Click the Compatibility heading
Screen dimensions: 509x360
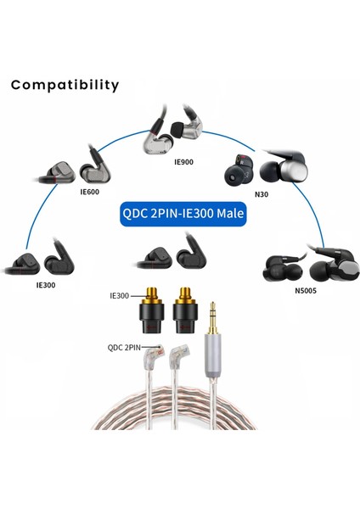[x=65, y=85]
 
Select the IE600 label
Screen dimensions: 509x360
[x=91, y=193]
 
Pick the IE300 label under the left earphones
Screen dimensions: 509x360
[x=47, y=286]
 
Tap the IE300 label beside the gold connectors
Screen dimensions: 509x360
[x=119, y=296]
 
